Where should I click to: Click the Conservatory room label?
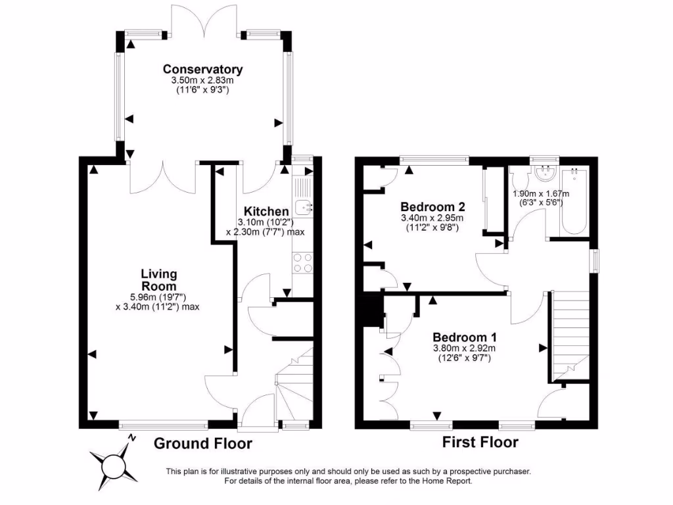203,69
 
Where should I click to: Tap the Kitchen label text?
266,211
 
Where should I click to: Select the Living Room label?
158,279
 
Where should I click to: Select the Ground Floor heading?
202,444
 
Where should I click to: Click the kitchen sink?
304,208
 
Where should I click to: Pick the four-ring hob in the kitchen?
302,262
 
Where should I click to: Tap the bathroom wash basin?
545,174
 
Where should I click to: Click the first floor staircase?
569,335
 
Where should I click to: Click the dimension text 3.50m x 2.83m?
203,80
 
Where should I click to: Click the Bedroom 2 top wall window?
434,158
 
